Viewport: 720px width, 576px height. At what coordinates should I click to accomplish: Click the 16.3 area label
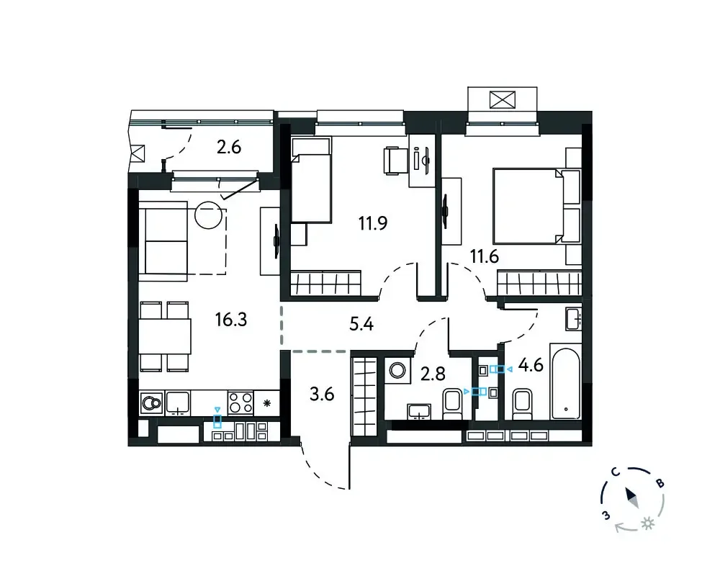[231, 319]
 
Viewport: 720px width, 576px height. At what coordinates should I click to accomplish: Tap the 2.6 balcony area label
[229, 148]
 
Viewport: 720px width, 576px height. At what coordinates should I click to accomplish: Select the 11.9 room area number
[373, 223]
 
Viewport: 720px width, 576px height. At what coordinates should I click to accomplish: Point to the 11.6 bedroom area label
[485, 256]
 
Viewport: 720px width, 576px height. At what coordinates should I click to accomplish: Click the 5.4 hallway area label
[361, 324]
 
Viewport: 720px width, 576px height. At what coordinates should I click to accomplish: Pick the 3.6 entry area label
[322, 394]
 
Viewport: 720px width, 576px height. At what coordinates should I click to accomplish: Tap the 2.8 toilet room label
[433, 374]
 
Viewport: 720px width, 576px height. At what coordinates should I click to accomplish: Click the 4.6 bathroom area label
[531, 366]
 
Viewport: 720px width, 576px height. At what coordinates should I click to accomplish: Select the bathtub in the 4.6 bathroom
[566, 384]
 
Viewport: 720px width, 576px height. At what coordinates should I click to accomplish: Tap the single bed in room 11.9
[311, 180]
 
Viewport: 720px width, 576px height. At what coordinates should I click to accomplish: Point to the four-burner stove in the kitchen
[240, 402]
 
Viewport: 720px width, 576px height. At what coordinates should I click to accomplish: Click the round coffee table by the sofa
[209, 215]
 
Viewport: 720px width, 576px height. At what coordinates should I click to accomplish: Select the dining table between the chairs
[165, 336]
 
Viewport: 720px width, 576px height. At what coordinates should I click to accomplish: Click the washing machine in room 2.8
[397, 370]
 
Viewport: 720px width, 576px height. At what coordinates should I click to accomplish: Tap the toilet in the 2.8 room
[453, 404]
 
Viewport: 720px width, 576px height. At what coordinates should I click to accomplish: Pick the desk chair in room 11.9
[392, 161]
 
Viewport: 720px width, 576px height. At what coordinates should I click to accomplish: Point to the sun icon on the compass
[648, 523]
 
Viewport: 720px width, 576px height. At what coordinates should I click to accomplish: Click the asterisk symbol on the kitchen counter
[267, 404]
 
